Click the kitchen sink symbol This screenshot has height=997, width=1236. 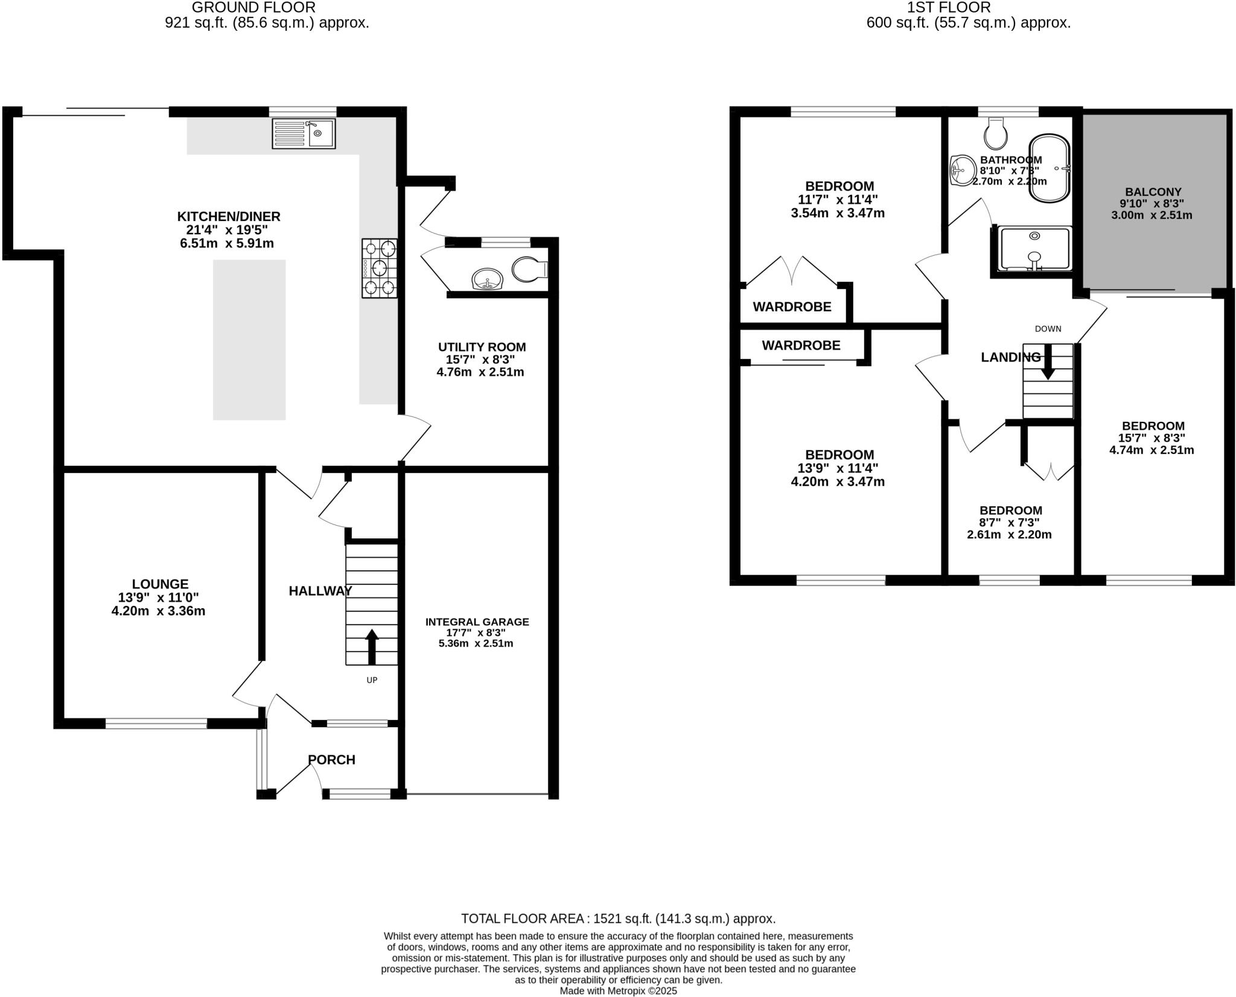(x=304, y=133)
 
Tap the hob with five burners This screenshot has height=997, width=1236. (x=380, y=268)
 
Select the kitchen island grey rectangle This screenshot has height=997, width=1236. (x=249, y=340)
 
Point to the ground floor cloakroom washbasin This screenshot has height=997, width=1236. (x=488, y=280)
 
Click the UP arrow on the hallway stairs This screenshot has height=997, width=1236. (x=372, y=646)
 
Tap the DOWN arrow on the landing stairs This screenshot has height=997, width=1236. (x=1048, y=362)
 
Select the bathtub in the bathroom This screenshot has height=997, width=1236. (x=1050, y=168)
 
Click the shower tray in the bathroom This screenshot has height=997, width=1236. (x=1034, y=249)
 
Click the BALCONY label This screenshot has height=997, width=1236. (x=1153, y=192)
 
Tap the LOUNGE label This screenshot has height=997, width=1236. (x=160, y=584)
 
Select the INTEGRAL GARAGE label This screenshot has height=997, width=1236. (x=477, y=622)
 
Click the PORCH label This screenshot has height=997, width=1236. (x=331, y=760)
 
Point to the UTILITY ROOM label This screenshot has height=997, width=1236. (x=482, y=347)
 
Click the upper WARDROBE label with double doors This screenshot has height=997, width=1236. (x=792, y=307)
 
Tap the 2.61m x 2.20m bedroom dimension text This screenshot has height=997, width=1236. (x=1009, y=535)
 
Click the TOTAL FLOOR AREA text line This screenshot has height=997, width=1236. (x=618, y=919)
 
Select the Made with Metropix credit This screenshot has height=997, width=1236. (x=618, y=991)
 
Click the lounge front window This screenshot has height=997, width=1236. (x=156, y=723)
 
